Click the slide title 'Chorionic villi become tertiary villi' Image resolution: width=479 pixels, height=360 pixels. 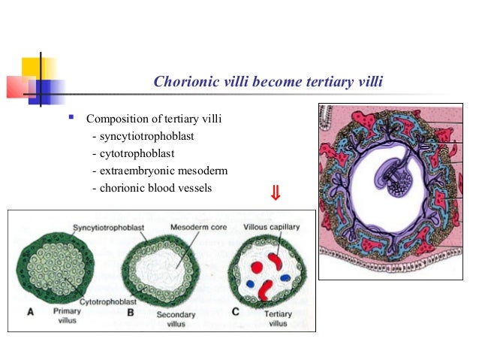coord(268,81)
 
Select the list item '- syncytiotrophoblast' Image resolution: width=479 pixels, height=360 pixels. coord(143,136)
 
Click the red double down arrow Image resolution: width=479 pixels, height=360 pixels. coord(276,195)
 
